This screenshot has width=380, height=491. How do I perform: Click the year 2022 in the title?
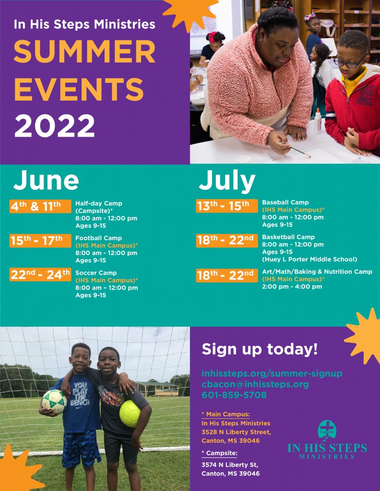tap(55, 126)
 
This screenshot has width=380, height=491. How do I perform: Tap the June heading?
tap(46, 180)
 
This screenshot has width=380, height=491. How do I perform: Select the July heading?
tap(227, 181)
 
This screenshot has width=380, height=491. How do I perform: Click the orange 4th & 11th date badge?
tap(40, 206)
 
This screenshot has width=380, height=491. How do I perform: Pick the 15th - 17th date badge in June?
tap(40, 241)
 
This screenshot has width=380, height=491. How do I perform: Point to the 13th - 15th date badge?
tap(227, 206)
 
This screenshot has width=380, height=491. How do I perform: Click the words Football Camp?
tap(99, 238)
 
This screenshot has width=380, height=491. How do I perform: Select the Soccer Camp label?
tap(96, 273)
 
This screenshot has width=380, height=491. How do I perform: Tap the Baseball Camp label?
tap(285, 202)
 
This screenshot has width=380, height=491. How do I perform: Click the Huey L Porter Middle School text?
tap(309, 259)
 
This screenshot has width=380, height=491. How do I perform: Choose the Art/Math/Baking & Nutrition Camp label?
tap(317, 271)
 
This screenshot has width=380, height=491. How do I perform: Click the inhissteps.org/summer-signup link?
tap(272, 374)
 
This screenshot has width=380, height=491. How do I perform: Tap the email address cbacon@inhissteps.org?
tap(255, 384)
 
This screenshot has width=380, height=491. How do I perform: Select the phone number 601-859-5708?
tap(234, 395)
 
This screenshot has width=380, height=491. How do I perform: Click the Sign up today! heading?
tap(260, 349)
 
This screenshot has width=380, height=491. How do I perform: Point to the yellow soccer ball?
tap(130, 414)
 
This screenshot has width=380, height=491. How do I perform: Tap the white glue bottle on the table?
tap(318, 121)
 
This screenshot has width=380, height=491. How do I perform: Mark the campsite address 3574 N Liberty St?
tap(230, 465)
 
